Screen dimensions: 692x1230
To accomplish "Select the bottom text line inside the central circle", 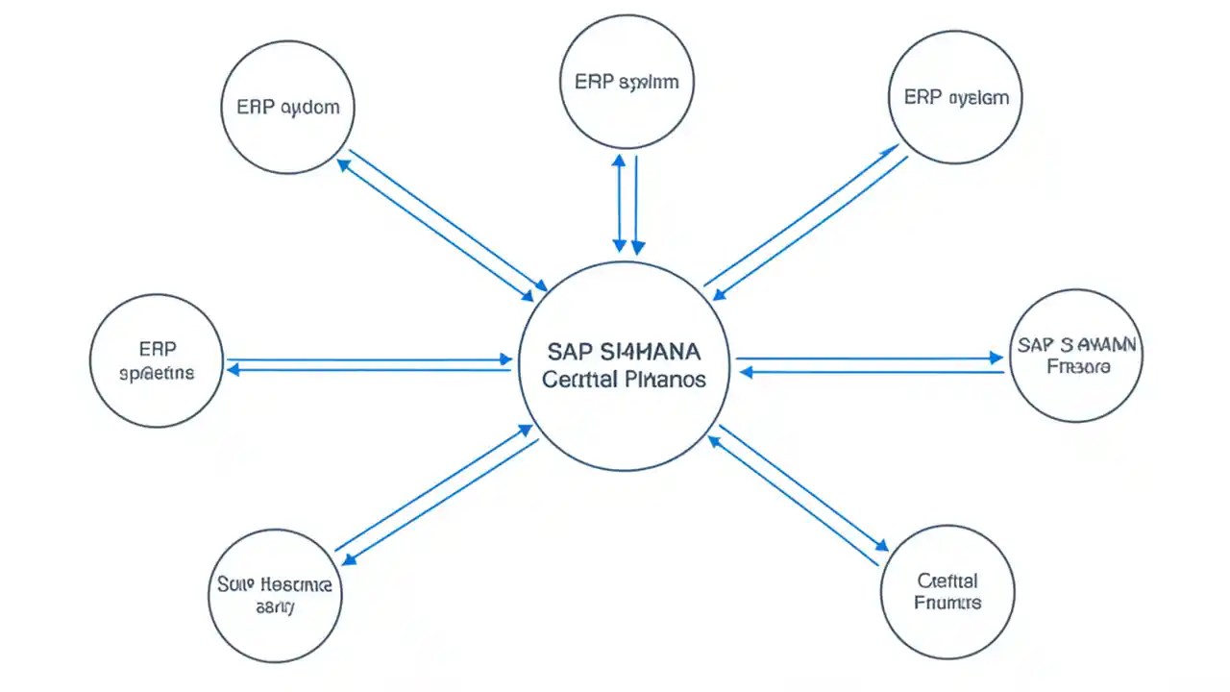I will [x=624, y=379].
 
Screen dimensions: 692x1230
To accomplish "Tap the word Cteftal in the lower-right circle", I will [x=947, y=581].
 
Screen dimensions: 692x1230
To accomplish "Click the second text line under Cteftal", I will [x=947, y=603].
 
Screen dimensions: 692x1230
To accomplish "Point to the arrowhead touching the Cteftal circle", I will [x=879, y=544].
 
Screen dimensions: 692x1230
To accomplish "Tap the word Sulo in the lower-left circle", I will [x=232, y=584].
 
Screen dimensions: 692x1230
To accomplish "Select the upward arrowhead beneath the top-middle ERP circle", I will [x=620, y=161].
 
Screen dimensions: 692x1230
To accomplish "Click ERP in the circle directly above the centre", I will [x=593, y=82].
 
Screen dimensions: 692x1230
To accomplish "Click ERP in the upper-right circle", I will [x=922, y=97].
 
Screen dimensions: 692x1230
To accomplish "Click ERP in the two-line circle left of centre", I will [x=157, y=348].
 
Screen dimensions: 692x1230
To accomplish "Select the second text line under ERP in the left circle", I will [x=156, y=372].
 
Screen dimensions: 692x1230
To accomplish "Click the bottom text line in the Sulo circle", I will [x=276, y=607].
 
